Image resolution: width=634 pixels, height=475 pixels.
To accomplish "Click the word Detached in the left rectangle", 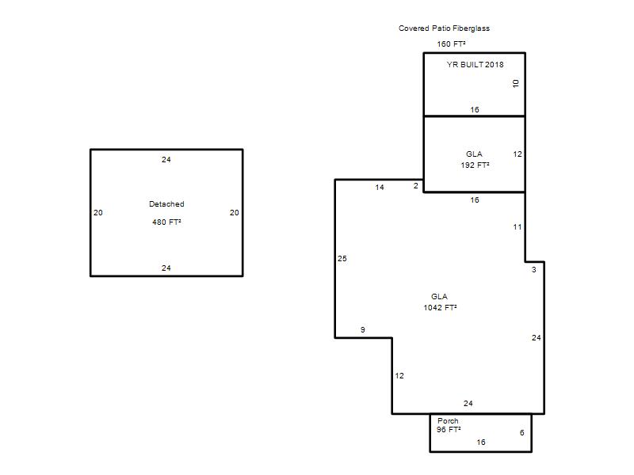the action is pyautogui.click(x=166, y=204).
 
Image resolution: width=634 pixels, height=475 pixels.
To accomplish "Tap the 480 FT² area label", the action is pyautogui.click(x=166, y=222).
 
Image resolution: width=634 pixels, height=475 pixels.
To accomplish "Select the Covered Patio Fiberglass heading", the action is pyautogui.click(x=444, y=28).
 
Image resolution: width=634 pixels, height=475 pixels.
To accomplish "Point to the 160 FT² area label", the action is pyautogui.click(x=451, y=44).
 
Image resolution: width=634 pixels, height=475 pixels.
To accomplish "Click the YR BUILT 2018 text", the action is pyautogui.click(x=475, y=64).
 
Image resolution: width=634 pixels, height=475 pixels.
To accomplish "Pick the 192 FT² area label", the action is pyautogui.click(x=475, y=165).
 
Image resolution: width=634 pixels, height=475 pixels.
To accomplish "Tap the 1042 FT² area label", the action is pyautogui.click(x=440, y=307).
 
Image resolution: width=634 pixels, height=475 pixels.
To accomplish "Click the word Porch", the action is pyautogui.click(x=448, y=421).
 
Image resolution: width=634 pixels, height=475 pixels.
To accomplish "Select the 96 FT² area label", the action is pyautogui.click(x=449, y=429).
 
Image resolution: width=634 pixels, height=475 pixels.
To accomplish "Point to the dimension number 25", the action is pyautogui.click(x=342, y=259).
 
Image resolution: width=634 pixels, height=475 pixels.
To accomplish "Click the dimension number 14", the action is pyautogui.click(x=380, y=187).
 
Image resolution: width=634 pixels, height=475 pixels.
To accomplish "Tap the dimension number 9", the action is pyautogui.click(x=363, y=329).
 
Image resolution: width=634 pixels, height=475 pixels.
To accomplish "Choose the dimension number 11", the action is pyautogui.click(x=518, y=227).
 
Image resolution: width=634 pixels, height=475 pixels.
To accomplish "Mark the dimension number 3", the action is pyautogui.click(x=533, y=269).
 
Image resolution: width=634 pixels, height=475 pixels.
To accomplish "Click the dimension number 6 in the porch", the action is pyautogui.click(x=522, y=432).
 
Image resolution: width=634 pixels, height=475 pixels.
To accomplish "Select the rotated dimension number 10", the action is pyautogui.click(x=516, y=83).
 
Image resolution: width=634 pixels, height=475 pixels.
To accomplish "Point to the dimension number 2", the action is pyautogui.click(x=415, y=186).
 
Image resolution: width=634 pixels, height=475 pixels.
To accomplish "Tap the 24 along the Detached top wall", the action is pyautogui.click(x=166, y=160).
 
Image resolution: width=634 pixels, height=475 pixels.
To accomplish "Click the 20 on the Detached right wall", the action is pyautogui.click(x=234, y=212).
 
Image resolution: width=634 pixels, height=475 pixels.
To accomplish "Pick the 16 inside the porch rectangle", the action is pyautogui.click(x=481, y=443).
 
